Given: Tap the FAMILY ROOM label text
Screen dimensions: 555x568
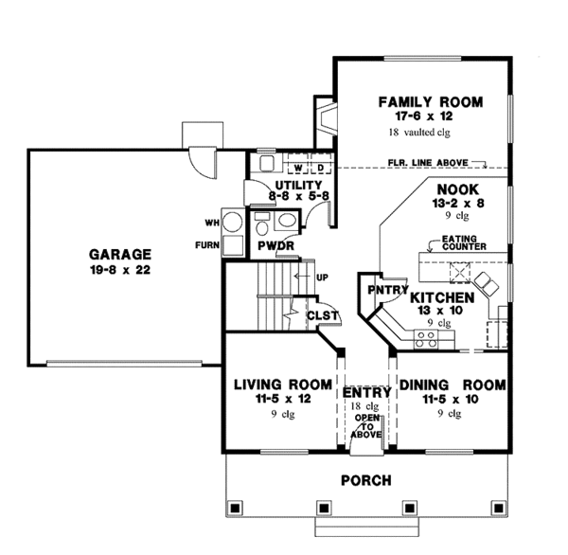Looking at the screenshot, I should [430, 101].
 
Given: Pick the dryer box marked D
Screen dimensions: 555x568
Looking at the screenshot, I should [319, 168].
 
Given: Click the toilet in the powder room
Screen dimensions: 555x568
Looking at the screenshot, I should [262, 224].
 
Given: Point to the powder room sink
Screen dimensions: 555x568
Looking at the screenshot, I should [286, 223].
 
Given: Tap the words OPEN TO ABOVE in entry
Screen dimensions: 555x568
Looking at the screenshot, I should [361, 425].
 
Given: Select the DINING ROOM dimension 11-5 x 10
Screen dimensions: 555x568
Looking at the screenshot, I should [452, 400].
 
